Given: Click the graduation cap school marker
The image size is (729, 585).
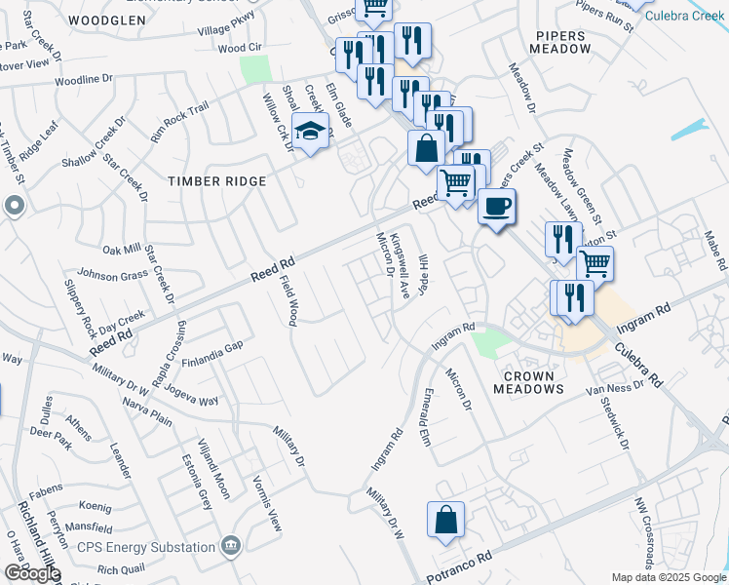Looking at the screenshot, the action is (x=311, y=132).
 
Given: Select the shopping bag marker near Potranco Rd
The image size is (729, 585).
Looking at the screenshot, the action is (x=445, y=521).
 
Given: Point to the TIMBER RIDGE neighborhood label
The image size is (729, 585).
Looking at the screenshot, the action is (x=216, y=181).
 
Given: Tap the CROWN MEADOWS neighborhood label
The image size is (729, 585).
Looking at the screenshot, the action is (x=528, y=382).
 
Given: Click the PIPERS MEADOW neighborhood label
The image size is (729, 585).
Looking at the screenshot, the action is (x=563, y=42).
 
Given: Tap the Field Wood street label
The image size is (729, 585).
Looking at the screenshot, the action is (x=291, y=299).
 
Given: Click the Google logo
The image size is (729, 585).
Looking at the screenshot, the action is (x=31, y=574).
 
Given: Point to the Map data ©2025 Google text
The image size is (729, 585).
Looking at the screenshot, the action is (x=669, y=577).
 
